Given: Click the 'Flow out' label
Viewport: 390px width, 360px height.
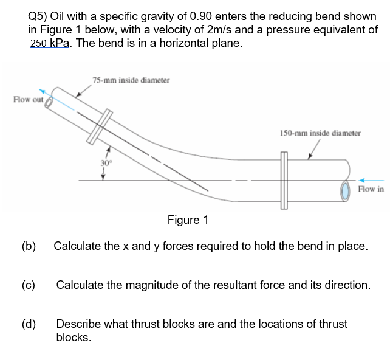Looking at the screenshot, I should [x=27, y=99].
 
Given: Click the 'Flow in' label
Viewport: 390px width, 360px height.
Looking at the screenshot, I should [x=371, y=189].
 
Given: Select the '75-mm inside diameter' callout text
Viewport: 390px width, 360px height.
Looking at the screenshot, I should [x=131, y=80].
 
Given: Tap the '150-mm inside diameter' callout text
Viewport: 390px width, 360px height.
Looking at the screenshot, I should [x=320, y=132].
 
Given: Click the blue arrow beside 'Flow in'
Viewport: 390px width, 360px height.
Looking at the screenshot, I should [x=371, y=180].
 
